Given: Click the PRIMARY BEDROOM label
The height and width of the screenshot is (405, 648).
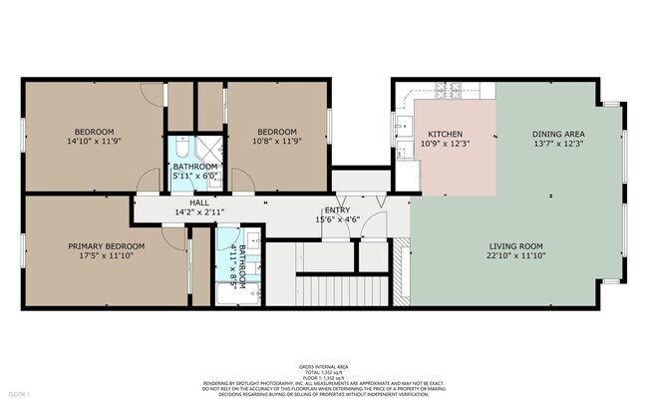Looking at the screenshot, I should [106, 246].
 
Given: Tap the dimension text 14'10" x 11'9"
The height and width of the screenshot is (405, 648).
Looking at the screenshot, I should [93, 142].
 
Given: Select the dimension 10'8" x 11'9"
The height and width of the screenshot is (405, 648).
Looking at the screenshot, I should [277, 142].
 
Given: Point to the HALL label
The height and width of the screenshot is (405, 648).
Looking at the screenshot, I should [184, 202].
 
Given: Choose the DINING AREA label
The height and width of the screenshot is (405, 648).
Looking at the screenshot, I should [557, 134].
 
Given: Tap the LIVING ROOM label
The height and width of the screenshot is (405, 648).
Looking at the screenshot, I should [515, 245].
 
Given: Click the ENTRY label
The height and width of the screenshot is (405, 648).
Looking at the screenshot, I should [337, 210].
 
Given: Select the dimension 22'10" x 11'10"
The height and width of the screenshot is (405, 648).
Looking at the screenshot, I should [515, 255].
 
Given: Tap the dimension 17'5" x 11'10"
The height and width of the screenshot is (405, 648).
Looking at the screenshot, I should [106, 256].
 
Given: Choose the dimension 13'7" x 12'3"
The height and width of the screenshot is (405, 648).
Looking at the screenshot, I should [557, 144].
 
